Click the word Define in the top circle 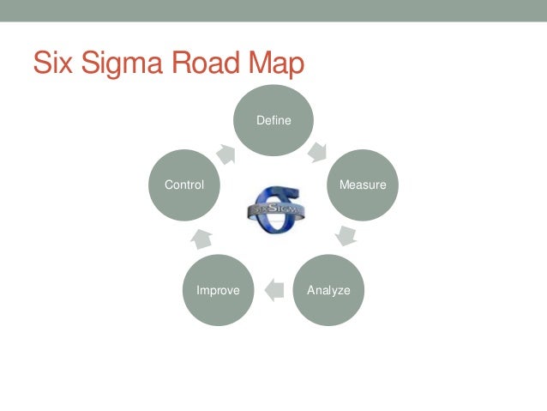274,121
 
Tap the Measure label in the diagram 363,185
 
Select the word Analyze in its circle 329,290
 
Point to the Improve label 218,290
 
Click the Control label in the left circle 184,184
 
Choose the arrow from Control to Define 227,153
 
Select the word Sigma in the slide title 120,63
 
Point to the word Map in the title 274,63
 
